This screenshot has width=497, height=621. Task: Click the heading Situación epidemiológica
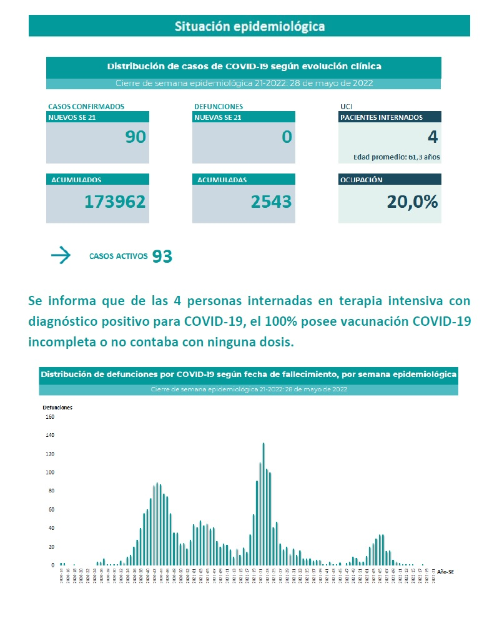[x=249, y=27]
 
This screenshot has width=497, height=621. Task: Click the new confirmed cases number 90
[x=135, y=137]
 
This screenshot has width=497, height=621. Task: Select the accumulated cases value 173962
[x=115, y=202]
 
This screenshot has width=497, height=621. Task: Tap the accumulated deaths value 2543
[x=271, y=202]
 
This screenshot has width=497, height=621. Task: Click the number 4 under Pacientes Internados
[x=433, y=137]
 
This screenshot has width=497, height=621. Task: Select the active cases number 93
[x=162, y=256]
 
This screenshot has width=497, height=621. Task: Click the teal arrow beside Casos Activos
[x=61, y=255]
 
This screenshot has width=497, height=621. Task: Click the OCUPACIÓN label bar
[x=389, y=180]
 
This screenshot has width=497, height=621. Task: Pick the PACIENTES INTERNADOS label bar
[x=389, y=117]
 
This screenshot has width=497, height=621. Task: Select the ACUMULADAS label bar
[x=243, y=180]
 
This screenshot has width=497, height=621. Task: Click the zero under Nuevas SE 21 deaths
[x=287, y=137]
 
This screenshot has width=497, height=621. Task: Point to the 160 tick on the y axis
[x=50, y=416]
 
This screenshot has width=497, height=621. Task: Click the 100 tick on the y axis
[x=50, y=472]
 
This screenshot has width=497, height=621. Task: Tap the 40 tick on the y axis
[x=51, y=528]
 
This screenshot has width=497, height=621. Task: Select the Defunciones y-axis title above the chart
[x=57, y=407]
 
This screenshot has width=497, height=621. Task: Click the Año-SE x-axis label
[x=445, y=571]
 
